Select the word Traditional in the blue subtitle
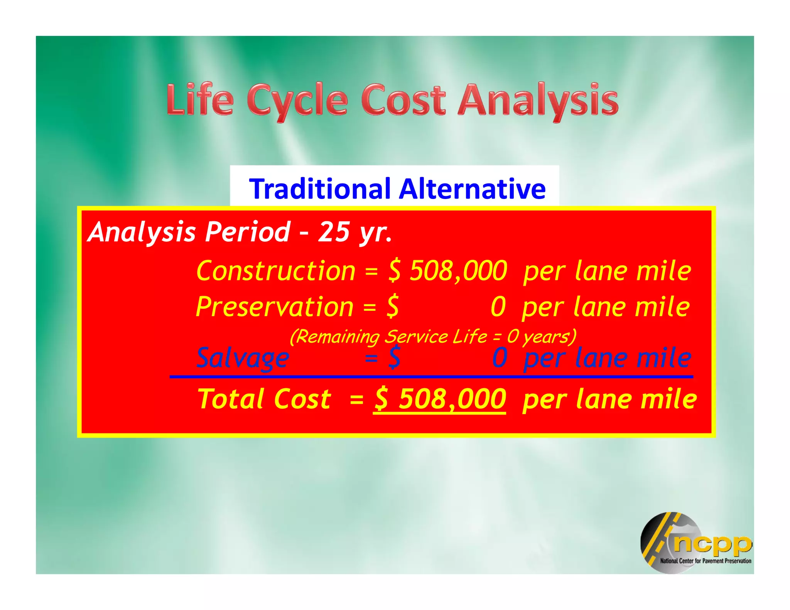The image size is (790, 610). coord(320,189)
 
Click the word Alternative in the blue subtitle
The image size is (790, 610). coord(473,189)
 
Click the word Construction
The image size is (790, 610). coord(276,271)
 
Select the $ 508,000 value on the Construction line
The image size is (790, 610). coord(447,271)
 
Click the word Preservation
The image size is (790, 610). coord(275,307)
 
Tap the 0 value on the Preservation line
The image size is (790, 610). coord(498,307)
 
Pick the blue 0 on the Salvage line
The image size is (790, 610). coord(500,358)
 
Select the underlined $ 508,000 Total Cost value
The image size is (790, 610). coord(440,399)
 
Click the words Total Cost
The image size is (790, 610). coord(264,399)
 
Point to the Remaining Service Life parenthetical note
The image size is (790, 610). coord(433,337)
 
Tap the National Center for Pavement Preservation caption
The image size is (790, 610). coord(706,561)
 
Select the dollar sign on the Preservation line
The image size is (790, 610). coord(393,307)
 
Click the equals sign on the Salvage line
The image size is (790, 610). coord(371,358)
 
